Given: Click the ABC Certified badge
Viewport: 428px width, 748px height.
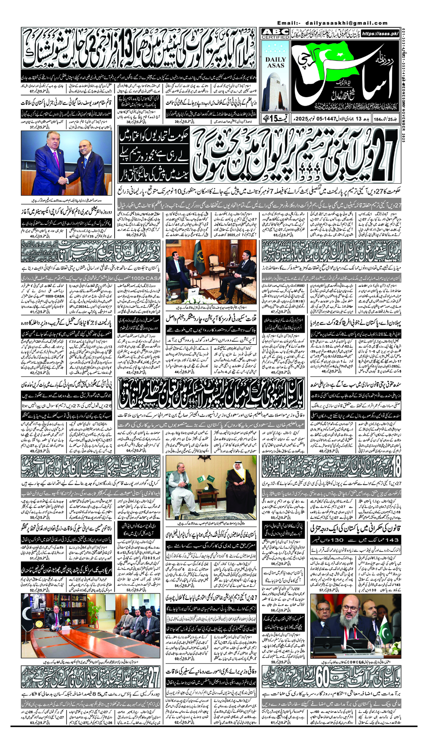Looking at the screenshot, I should coord(276,34).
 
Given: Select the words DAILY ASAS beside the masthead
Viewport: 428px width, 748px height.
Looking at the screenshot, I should coord(276,63).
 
